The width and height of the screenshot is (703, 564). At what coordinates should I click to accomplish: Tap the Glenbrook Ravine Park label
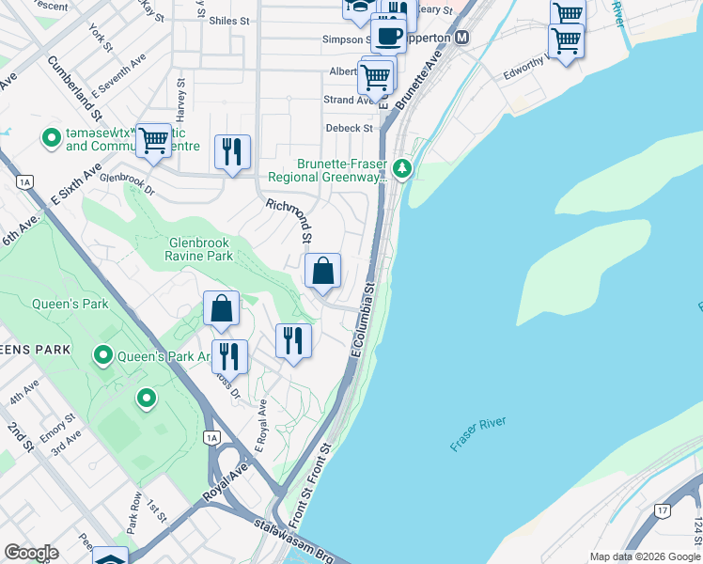tap(199, 248)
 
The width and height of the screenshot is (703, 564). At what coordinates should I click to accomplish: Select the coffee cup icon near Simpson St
tap(388, 36)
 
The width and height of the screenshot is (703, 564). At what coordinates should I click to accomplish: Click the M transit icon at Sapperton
tap(461, 38)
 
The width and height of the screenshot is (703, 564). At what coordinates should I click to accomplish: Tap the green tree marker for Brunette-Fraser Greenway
tap(403, 169)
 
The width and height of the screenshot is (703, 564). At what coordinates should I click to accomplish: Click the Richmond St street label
tap(289, 218)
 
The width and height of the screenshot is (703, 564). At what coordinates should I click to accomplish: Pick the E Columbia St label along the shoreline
tap(362, 319)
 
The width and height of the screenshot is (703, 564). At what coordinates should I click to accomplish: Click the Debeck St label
tap(350, 128)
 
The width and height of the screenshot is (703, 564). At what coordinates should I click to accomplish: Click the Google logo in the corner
tap(31, 553)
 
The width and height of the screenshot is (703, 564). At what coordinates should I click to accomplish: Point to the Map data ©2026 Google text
tap(643, 556)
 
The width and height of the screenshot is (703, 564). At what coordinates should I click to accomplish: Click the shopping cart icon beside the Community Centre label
tap(153, 141)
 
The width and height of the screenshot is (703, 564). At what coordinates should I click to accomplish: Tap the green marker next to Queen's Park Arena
tap(103, 356)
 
